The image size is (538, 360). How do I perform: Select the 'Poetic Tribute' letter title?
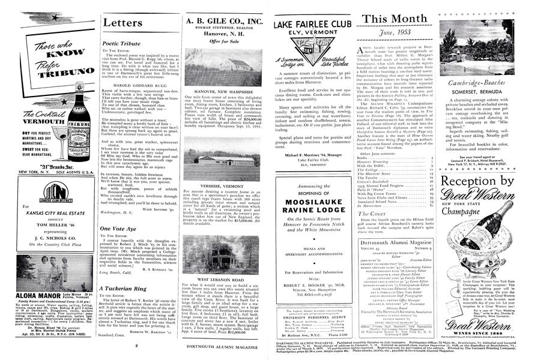tap(120, 44)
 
